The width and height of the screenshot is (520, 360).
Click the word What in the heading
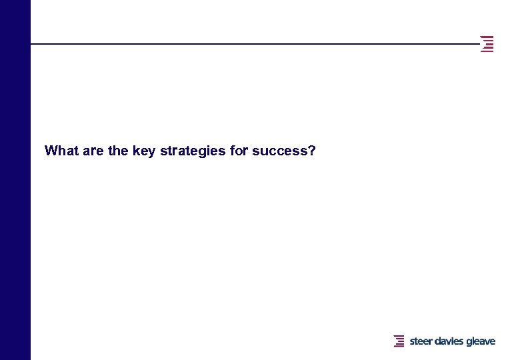pos(59,151)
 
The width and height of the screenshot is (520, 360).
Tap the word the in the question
pos(118,151)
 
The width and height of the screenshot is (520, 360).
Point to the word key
pos(144,151)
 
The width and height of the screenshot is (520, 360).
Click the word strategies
pos(193,151)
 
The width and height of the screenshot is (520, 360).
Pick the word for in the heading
pos(239,151)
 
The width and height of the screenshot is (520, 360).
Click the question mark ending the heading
pos(312,151)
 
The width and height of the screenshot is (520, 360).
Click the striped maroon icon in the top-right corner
pos(487,44)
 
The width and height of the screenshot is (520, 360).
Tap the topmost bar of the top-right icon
pos(487,37)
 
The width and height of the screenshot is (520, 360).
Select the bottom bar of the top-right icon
pos(487,51)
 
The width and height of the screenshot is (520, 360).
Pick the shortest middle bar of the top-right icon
pos(490,44)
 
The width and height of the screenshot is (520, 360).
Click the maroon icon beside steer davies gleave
pos(399,341)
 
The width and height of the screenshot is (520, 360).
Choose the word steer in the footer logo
pos(421,341)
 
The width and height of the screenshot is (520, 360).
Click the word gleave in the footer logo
pos(481,341)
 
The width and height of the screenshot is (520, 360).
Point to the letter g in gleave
pos(469,342)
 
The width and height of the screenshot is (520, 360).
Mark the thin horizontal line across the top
pos(253,44)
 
